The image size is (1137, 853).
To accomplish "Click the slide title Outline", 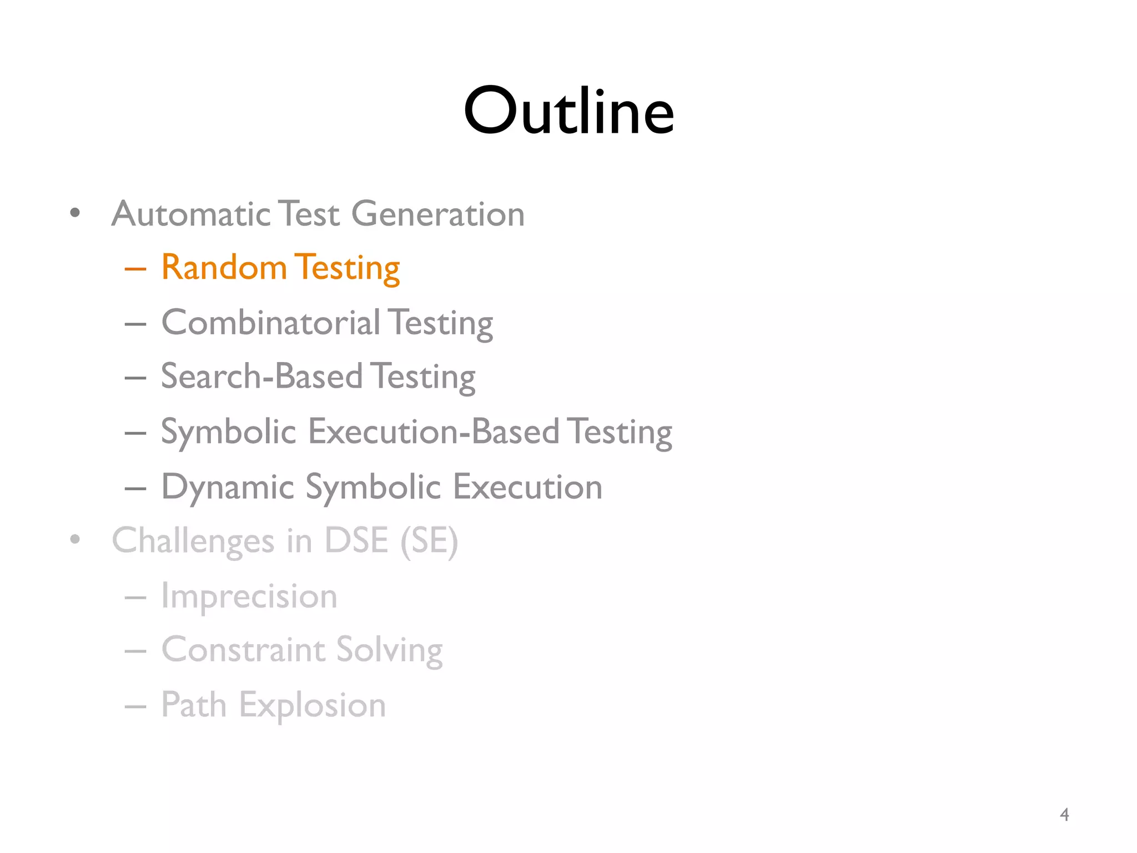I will tap(568, 111).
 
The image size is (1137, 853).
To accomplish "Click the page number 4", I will tap(1064, 814).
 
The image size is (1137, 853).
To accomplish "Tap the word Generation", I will tap(438, 214).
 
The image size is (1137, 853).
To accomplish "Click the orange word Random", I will tap(223, 267).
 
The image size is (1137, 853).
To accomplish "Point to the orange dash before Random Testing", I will tap(135, 269).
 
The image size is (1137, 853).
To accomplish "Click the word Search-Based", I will tap(261, 376).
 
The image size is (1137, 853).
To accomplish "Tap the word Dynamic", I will tap(228, 487).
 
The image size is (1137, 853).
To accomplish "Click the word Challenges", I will tap(193, 541).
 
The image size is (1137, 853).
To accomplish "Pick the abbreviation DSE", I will tap(356, 540).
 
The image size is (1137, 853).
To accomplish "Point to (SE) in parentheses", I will tap(429, 541).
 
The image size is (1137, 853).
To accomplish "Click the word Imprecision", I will tap(249, 596).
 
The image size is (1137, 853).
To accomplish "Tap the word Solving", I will tap(389, 650).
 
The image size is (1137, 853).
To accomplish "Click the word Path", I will tap(194, 705).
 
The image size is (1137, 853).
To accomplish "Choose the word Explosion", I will tap(312, 706).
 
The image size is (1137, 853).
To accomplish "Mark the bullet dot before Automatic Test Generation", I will tap(76, 213).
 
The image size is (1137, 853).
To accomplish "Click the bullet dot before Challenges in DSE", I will tap(76, 539).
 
